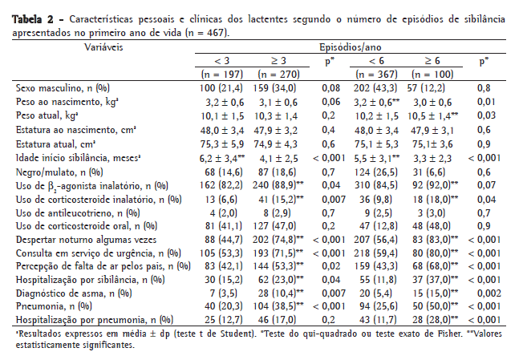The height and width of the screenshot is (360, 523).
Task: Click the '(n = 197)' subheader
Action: click(x=221, y=73)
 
